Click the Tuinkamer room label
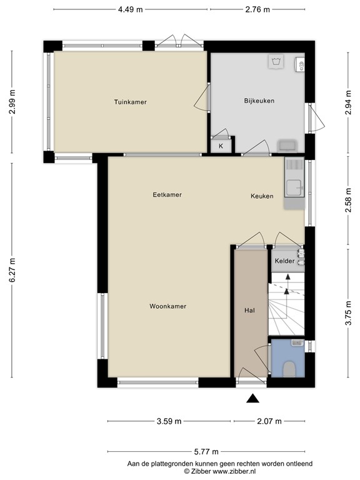tap(130, 101)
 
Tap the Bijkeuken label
tap(259, 101)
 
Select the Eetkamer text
tap(167, 195)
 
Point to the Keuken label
tap(262, 196)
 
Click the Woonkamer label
tap(168, 306)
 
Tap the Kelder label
tap(284, 262)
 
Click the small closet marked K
tap(221, 146)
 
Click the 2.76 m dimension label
tap(257, 9)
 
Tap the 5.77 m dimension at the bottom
tap(206, 451)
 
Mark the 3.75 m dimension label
tap(349, 311)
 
